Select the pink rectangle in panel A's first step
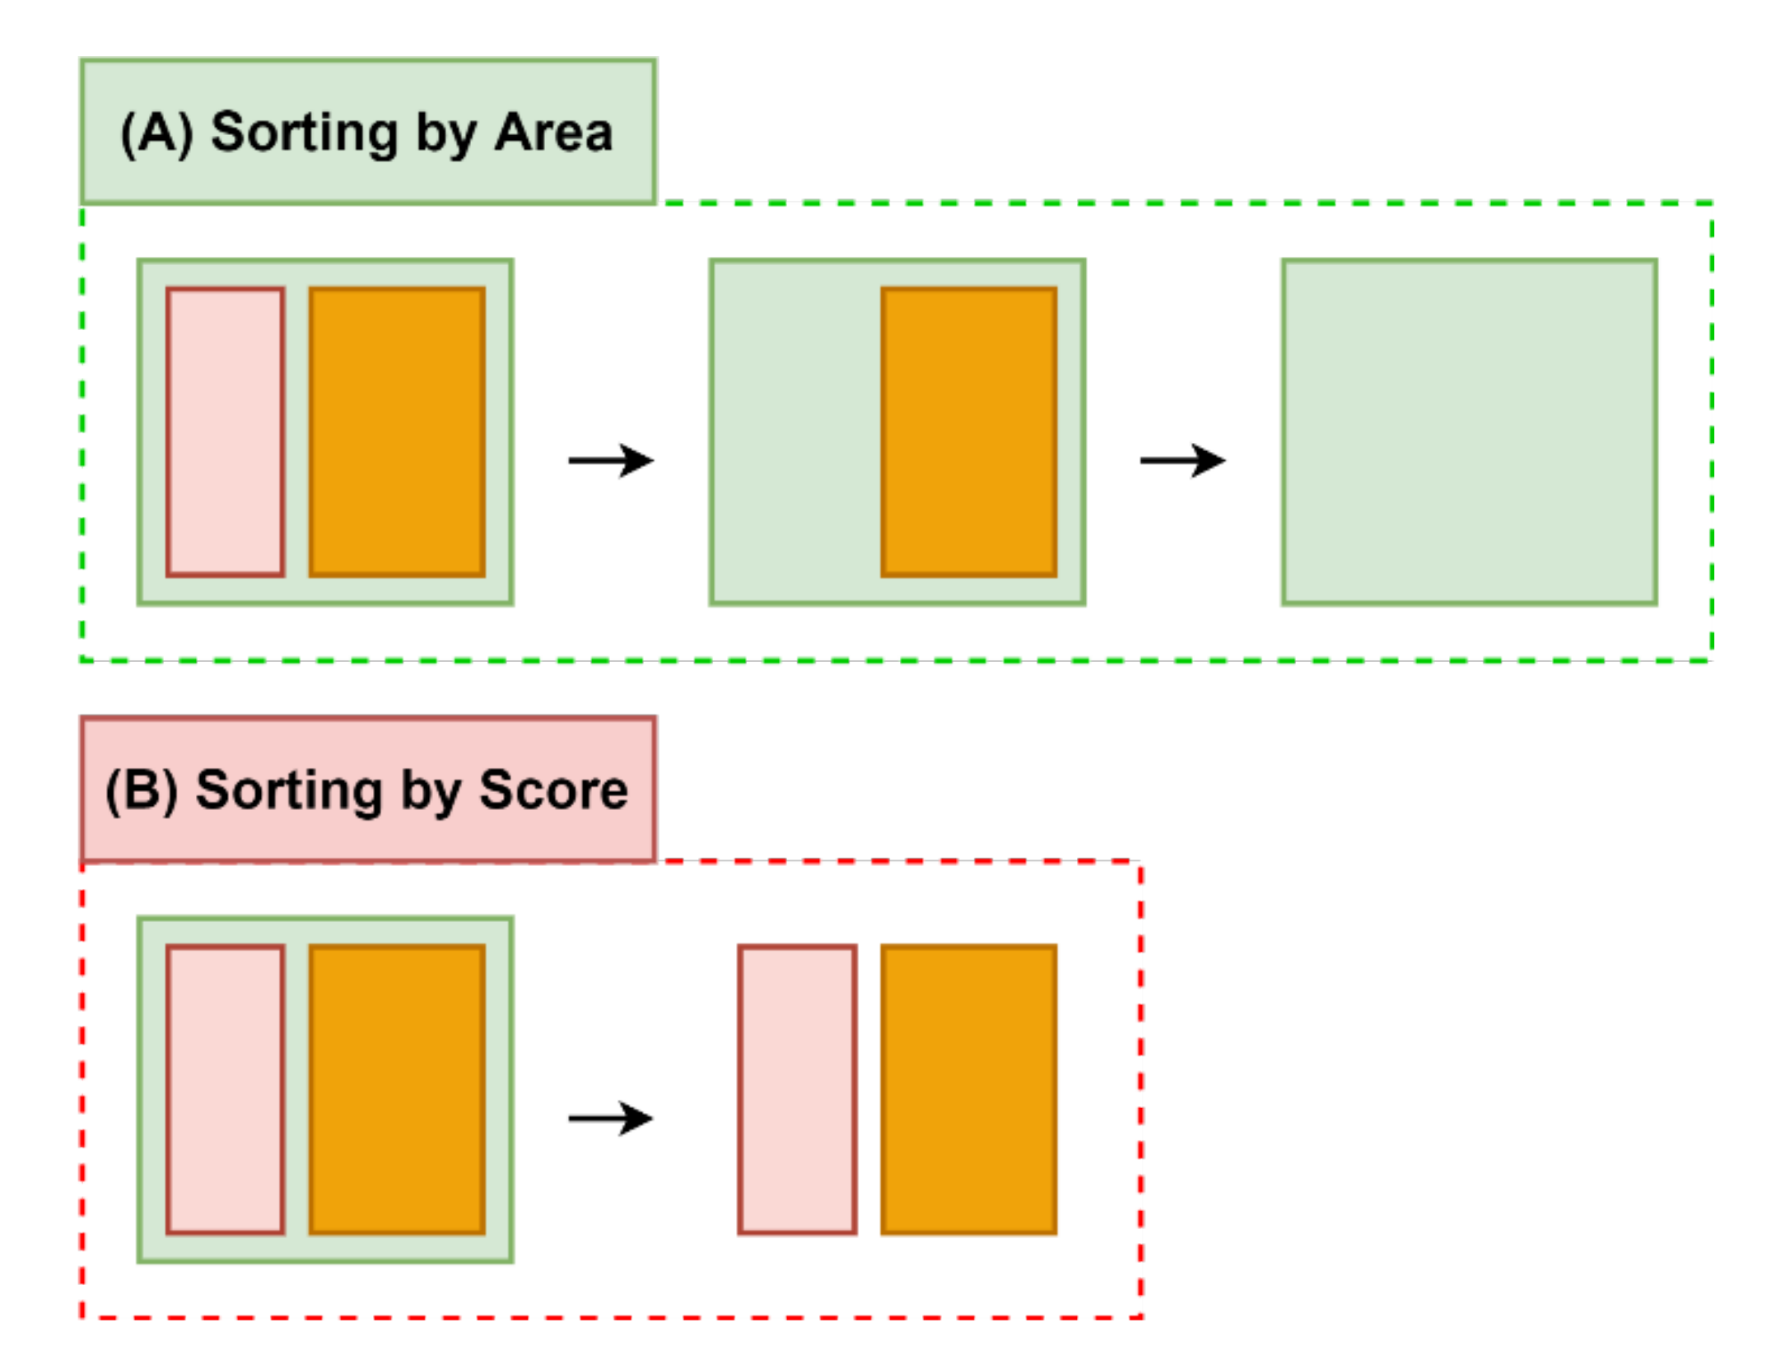pyautogui.click(x=225, y=431)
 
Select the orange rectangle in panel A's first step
pyautogui.click(x=397, y=431)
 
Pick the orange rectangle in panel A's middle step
pyautogui.click(x=968, y=431)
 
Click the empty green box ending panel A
pyautogui.click(x=1469, y=431)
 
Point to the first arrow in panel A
pyautogui.click(x=610, y=460)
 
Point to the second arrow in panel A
pyautogui.click(x=1181, y=460)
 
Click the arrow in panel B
pyautogui.click(x=610, y=1118)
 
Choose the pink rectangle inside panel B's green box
pyautogui.click(x=225, y=1089)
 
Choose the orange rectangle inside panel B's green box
pyautogui.click(x=397, y=1089)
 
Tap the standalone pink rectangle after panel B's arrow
pyautogui.click(x=797, y=1089)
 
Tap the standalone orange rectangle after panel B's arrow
pyautogui.click(x=968, y=1089)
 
